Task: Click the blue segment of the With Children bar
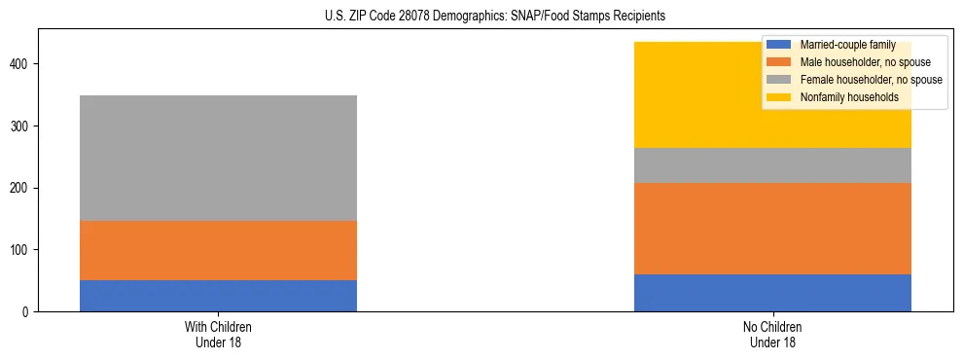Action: pyautogui.click(x=218, y=296)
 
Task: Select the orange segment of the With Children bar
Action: pyautogui.click(x=218, y=250)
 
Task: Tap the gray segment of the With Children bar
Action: pyautogui.click(x=218, y=158)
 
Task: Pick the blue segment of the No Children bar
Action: pyautogui.click(x=772, y=293)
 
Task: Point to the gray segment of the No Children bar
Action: pyautogui.click(x=772, y=165)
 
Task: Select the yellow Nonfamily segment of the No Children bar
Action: pyautogui.click(x=700, y=95)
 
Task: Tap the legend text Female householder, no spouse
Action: pyautogui.click(x=871, y=80)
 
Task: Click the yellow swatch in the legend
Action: pyautogui.click(x=779, y=97)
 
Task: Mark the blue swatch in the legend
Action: pyautogui.click(x=779, y=45)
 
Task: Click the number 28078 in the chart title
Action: pyautogui.click(x=407, y=17)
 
